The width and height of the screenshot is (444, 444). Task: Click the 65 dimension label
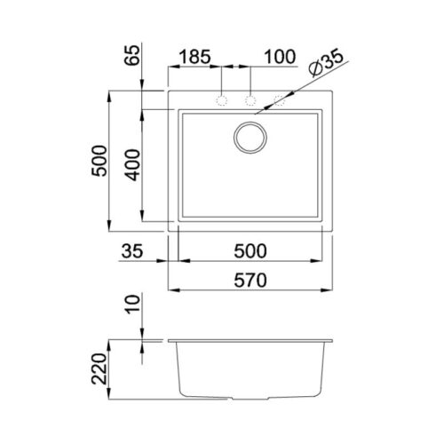click(131, 55)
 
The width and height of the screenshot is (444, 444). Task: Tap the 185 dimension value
click(195, 57)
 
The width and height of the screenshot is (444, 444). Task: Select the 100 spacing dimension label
click(280, 57)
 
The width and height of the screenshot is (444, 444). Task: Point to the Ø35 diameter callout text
click(326, 64)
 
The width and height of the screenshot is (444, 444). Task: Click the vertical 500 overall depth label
click(99, 161)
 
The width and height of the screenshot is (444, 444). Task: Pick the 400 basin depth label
click(131, 165)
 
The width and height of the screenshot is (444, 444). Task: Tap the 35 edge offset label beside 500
click(132, 251)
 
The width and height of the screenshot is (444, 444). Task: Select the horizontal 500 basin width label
click(250, 251)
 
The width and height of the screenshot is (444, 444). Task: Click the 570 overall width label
click(250, 280)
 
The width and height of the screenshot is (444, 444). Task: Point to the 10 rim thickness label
click(131, 304)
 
